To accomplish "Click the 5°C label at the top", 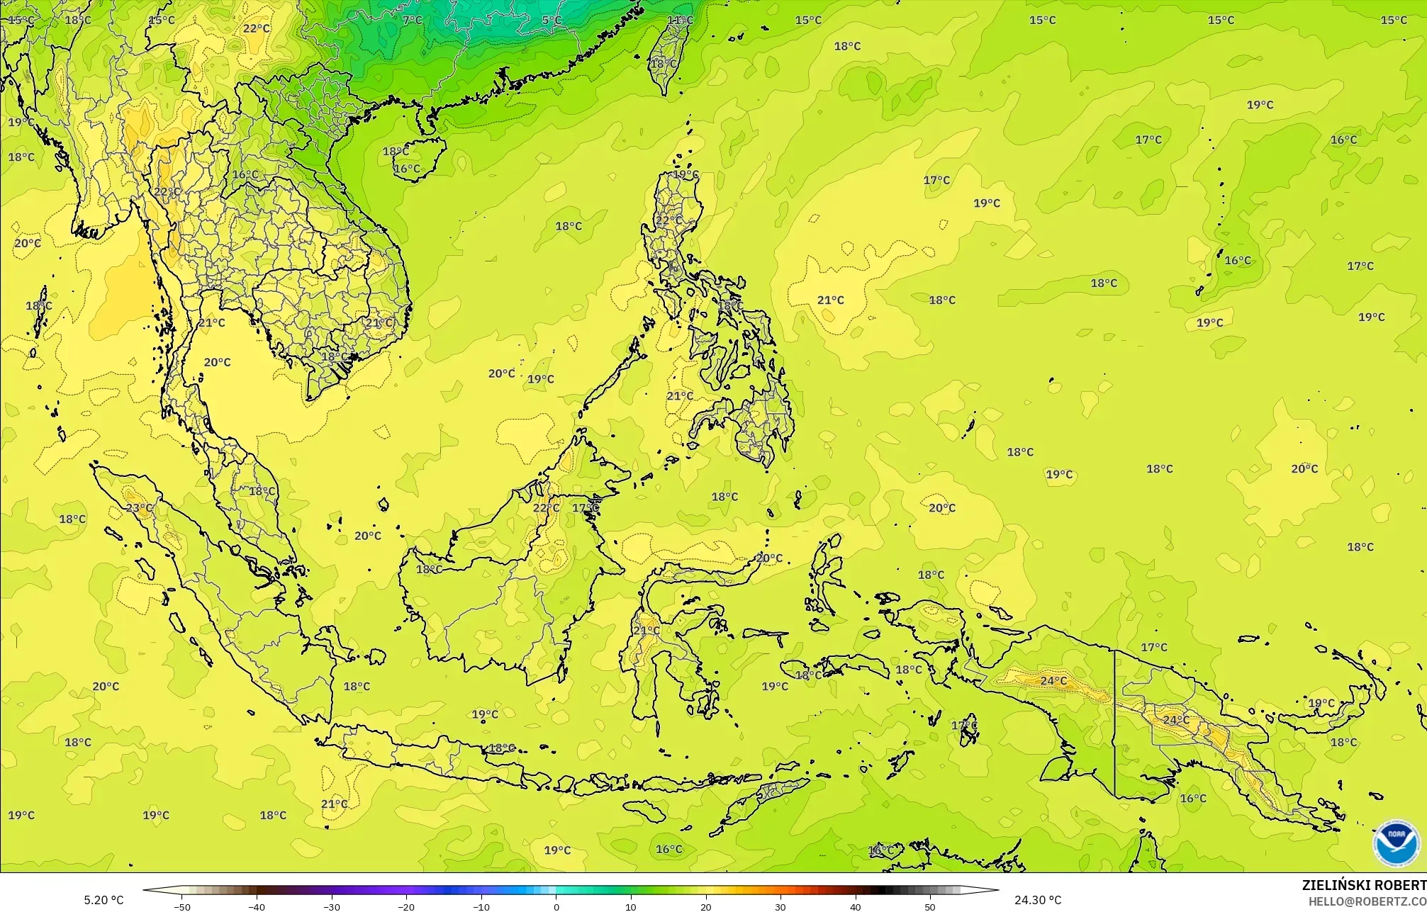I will coord(552,20).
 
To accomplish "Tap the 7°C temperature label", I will coord(412,20).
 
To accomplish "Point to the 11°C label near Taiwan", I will coord(680,20).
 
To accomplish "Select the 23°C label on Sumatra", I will coord(139,507).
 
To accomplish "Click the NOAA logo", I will coord(1396,843).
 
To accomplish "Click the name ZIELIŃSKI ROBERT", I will coord(1364,885).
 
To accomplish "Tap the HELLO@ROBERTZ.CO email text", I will coord(1367,901).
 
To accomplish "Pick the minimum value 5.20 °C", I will coord(103,901).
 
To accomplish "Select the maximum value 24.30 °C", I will coord(1038,901).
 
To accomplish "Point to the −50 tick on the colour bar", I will coord(182,907).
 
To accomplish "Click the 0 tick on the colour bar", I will coord(556,907).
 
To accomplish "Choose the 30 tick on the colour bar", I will coord(780,907).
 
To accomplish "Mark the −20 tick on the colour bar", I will coord(406,907).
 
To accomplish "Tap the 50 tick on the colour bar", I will coord(930,907).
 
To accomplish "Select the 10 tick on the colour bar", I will coord(631,907).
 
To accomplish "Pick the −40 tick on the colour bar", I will coord(257,907).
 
